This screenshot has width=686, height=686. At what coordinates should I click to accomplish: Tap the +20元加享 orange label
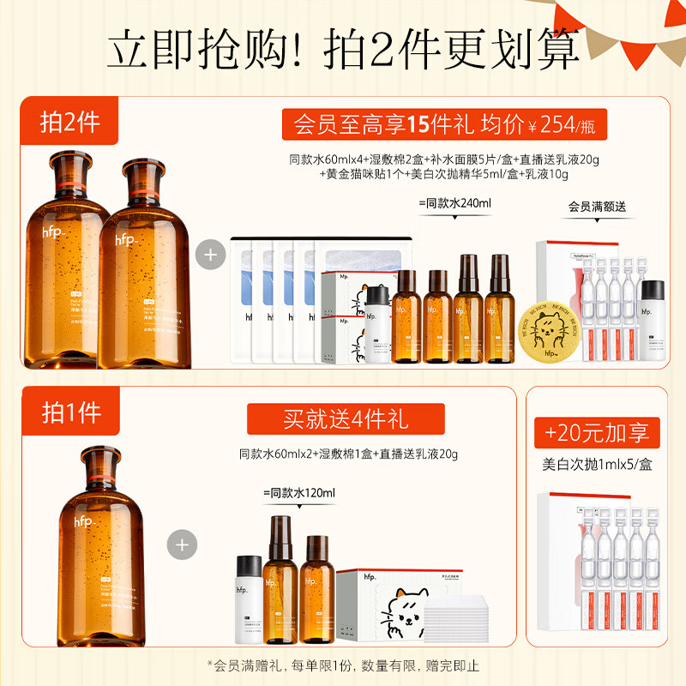tap(604, 432)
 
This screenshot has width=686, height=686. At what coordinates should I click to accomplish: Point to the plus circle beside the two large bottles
tap(209, 256)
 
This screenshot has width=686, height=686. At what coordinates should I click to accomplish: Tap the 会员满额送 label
tap(597, 208)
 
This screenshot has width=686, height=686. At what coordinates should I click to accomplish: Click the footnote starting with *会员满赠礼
tap(343, 665)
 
